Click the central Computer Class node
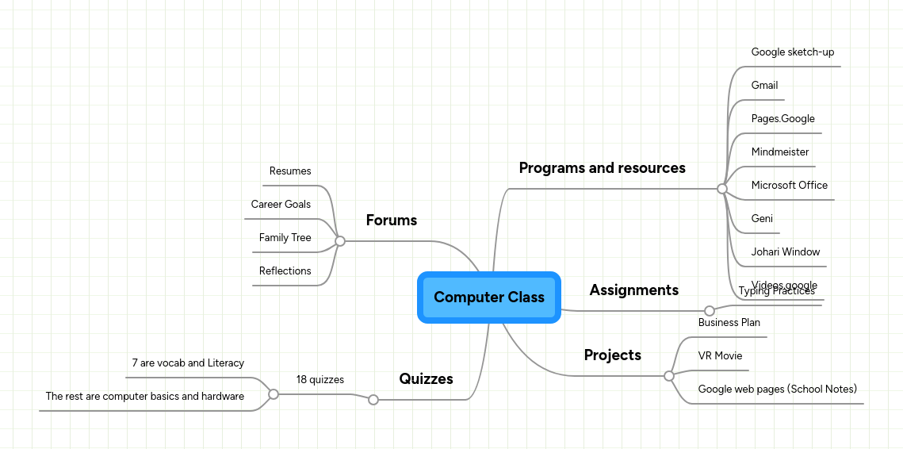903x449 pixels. (x=489, y=297)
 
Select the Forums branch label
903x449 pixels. (x=391, y=221)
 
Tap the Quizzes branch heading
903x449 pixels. (x=426, y=379)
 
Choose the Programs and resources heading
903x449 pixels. (x=602, y=168)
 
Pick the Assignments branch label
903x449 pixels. (x=633, y=290)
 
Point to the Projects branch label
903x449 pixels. (x=612, y=355)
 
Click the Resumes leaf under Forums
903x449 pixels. (x=290, y=171)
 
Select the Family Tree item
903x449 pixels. (x=285, y=238)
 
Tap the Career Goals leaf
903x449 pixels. (x=281, y=205)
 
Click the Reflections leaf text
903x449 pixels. (x=285, y=271)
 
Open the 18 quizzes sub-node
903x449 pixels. (x=320, y=380)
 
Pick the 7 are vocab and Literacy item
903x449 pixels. (x=188, y=363)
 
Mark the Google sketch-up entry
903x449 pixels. (x=793, y=52)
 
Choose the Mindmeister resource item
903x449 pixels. (x=780, y=152)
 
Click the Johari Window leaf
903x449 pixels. (x=786, y=252)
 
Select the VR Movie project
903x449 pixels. (x=720, y=356)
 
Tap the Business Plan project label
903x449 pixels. (x=729, y=323)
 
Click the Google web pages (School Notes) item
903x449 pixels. (x=777, y=390)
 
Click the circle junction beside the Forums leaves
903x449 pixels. (x=340, y=241)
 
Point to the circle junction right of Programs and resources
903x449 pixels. (x=721, y=189)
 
